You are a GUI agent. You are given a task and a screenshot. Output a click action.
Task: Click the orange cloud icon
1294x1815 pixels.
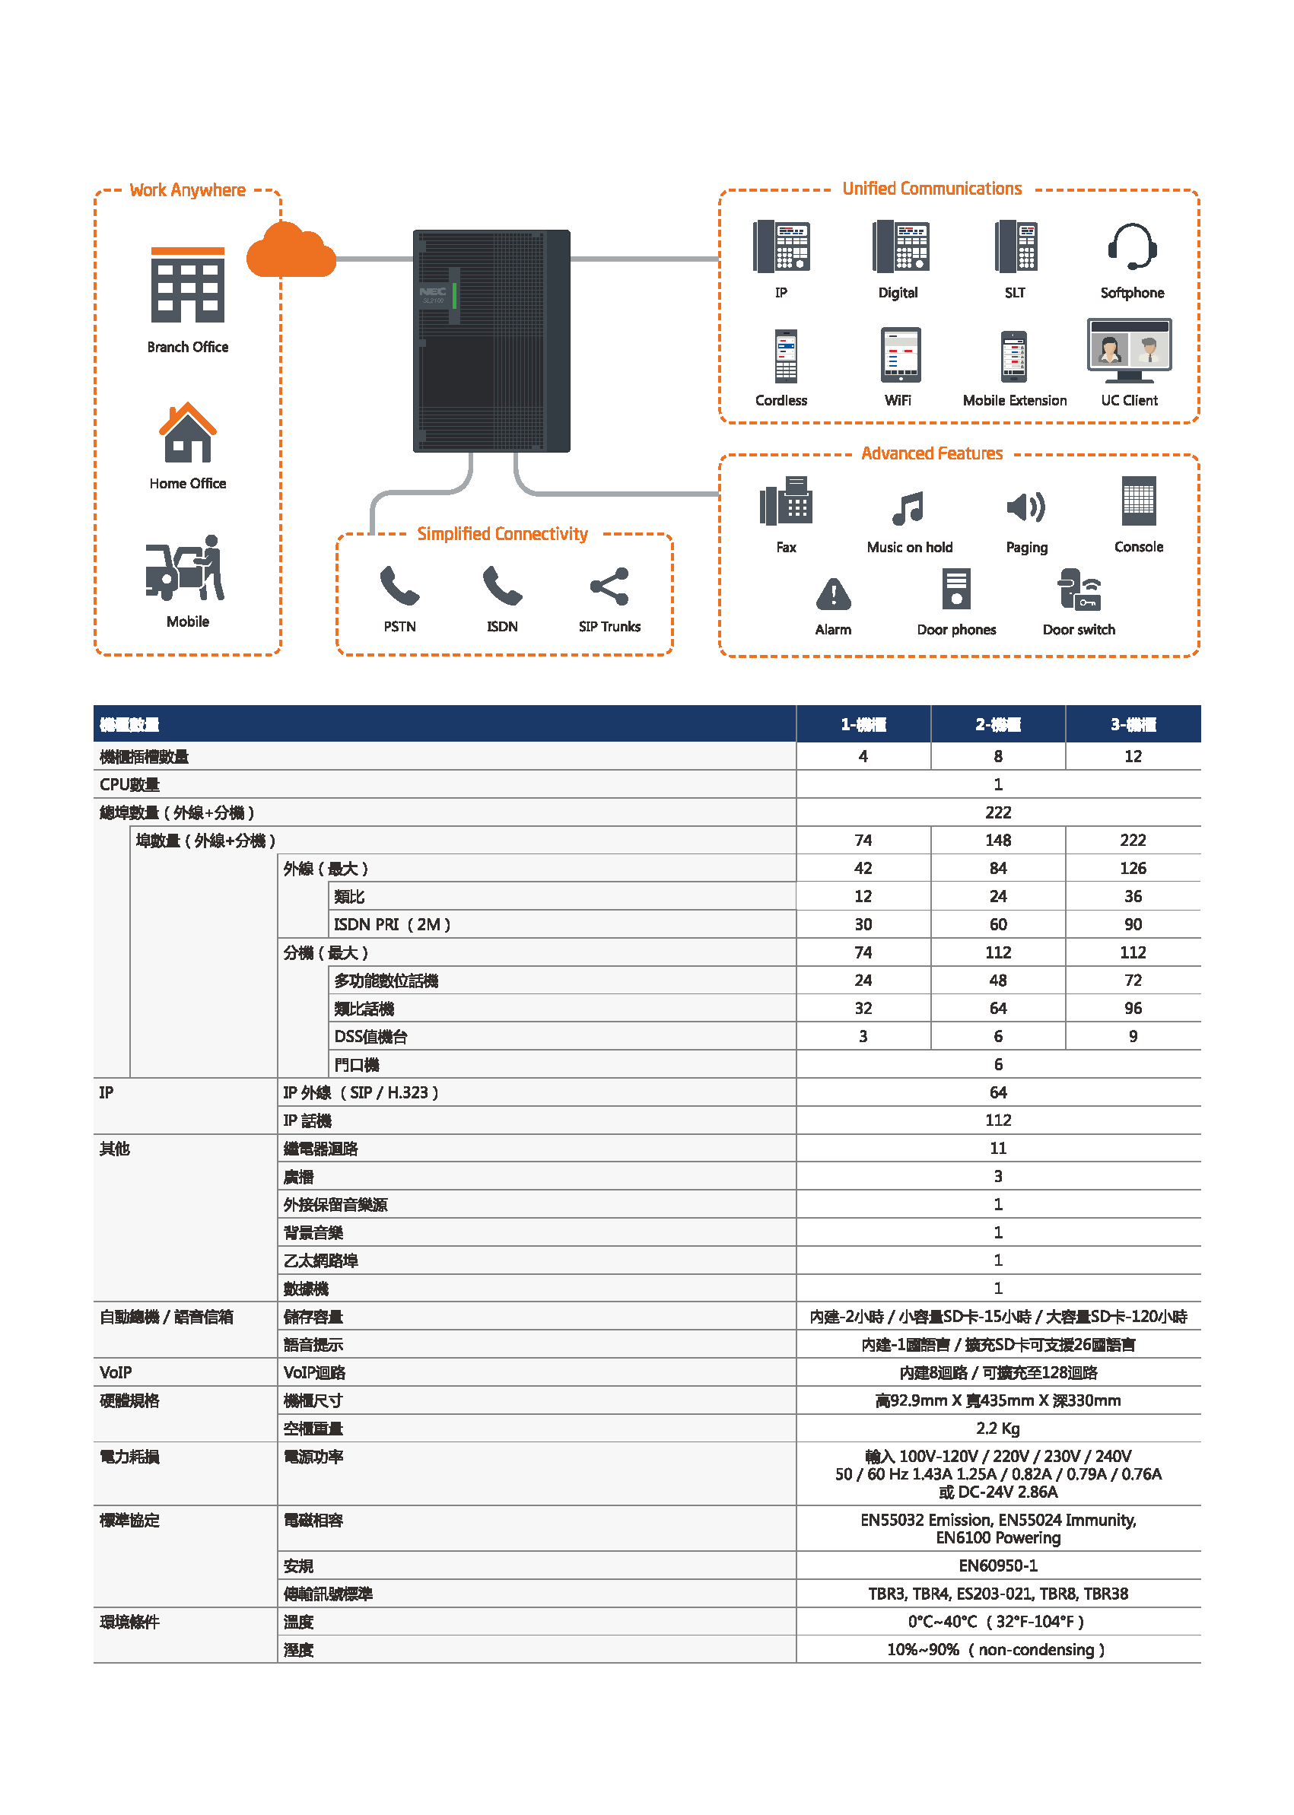coord(291,252)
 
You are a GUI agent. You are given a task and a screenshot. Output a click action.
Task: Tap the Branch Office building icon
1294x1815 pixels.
coord(188,284)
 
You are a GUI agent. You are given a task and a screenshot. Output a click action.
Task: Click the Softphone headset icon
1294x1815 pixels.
coord(1131,247)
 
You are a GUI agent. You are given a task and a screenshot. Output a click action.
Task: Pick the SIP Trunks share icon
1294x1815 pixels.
coord(609,587)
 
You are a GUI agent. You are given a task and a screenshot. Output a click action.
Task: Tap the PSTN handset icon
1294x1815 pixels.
coord(399,587)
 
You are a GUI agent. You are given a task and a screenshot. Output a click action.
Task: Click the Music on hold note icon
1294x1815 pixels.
coord(908,508)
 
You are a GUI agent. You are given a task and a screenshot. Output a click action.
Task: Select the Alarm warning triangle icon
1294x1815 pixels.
coord(834,593)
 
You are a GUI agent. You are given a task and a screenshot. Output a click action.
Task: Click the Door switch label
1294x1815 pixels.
coord(1079,629)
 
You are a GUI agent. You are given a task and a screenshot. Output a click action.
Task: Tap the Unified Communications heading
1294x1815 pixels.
coord(931,189)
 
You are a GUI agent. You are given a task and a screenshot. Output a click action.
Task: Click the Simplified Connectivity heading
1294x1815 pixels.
coord(502,534)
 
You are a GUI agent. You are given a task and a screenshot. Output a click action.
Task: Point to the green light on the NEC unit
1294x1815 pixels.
coord(454,295)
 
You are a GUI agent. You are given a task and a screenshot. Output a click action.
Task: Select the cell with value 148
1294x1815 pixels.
coord(997,840)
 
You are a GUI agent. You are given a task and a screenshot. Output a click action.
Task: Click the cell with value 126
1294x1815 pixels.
coord(1132,868)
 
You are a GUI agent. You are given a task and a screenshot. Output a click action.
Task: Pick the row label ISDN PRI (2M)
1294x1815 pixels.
coord(392,924)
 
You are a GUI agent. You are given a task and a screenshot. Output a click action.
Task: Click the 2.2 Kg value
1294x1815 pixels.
coord(997,1428)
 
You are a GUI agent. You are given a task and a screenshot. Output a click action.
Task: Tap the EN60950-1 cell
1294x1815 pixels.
coord(997,1565)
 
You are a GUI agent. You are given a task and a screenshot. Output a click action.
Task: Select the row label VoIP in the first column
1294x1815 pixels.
coord(116,1372)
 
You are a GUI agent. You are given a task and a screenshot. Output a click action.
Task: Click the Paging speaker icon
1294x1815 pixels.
coord(1025,507)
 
